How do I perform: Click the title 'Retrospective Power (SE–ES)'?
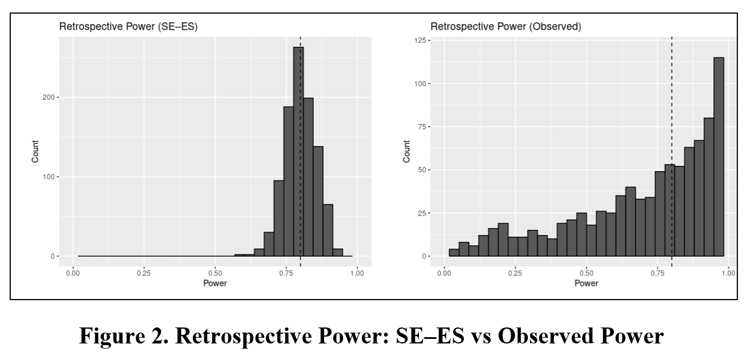tap(128, 27)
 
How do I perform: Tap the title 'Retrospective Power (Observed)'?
tap(505, 27)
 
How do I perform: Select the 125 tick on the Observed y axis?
tap(421, 40)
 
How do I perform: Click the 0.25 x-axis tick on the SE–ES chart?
tap(144, 273)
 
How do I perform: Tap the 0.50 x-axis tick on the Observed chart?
tap(586, 273)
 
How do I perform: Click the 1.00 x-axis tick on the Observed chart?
tap(728, 273)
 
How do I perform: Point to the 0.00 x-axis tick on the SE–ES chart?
tap(73, 273)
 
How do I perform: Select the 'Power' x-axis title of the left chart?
tap(215, 283)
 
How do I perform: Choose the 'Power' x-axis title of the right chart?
tap(586, 283)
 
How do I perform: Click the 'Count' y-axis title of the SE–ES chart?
tap(35, 152)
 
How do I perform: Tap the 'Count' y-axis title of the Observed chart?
tap(406, 152)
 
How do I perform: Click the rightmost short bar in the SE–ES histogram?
tap(338, 252)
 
